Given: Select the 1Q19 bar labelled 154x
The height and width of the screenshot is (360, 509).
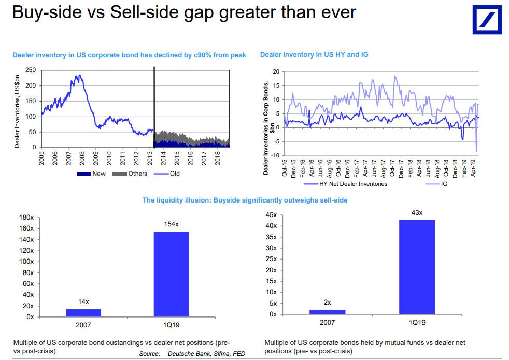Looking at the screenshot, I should (171, 273).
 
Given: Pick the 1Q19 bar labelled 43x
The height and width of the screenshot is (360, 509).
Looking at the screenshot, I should (417, 267).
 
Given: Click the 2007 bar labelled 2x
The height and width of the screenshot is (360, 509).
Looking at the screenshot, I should (327, 312).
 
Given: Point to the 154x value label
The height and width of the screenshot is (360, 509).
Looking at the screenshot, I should (171, 224).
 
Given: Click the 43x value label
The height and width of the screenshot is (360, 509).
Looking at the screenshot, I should (417, 213).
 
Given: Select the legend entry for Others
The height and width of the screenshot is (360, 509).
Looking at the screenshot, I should (134, 174).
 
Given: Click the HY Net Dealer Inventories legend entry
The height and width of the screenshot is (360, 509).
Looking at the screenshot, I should (342, 184).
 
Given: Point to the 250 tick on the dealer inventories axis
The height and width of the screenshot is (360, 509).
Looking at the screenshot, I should (31, 70).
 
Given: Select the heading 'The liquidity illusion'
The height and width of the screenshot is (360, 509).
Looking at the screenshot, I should (245, 200).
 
